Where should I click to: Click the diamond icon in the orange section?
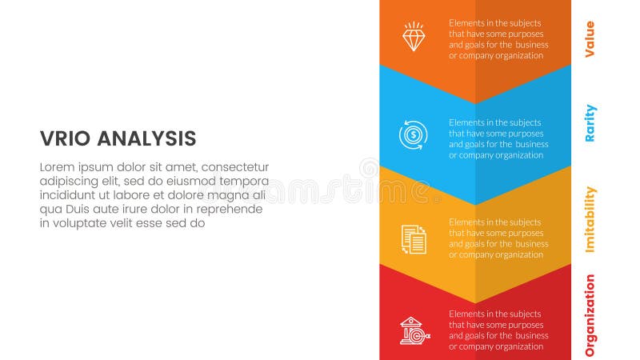pyautogui.click(x=414, y=37)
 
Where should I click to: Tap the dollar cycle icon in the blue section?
pyautogui.click(x=414, y=134)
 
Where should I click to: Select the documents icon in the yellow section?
pyautogui.click(x=414, y=238)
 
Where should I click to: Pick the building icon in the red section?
pyautogui.click(x=414, y=330)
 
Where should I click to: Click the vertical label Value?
pyautogui.click(x=590, y=38)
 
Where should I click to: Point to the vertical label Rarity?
pyautogui.click(x=590, y=122)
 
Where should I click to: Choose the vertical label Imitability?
pyautogui.click(x=590, y=219)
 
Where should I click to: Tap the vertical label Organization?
pyautogui.click(x=590, y=315)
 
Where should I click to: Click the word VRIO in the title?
pyautogui.click(x=65, y=138)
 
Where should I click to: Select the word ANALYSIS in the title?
pyautogui.click(x=146, y=138)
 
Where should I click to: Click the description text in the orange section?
pyautogui.click(x=498, y=39)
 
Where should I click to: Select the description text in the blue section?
pyautogui.click(x=498, y=138)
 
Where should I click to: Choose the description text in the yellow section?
pyautogui.click(x=498, y=238)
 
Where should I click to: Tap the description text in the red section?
pyautogui.click(x=498, y=330)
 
